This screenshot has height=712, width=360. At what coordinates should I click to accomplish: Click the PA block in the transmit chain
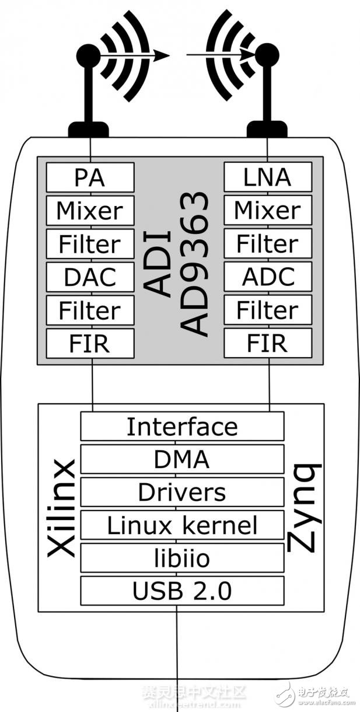coord(90,177)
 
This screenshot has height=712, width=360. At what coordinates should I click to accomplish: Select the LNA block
coord(268,177)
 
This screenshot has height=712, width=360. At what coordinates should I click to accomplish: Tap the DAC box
coord(90,277)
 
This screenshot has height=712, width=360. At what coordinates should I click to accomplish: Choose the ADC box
coord(268,277)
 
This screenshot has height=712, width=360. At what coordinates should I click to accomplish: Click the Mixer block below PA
coord(90,210)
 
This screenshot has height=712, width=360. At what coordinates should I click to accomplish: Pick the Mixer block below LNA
coord(268,210)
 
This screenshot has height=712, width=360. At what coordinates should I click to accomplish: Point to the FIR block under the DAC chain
coord(90,343)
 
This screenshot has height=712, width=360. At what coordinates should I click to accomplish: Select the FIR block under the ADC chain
coord(268,343)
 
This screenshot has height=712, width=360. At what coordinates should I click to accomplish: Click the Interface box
coord(182,427)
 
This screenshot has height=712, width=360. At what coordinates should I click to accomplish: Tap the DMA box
coord(182,459)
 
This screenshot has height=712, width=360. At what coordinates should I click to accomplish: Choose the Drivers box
coord(182,492)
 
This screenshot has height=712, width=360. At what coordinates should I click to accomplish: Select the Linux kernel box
coord(182,525)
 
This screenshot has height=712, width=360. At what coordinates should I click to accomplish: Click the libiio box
coord(182,558)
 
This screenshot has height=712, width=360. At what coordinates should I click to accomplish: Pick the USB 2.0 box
coord(182,591)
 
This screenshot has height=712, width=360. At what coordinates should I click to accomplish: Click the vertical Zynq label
coord(305,508)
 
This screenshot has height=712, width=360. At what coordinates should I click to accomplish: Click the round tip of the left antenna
coord(88,55)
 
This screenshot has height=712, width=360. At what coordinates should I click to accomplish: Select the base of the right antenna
coord(267,129)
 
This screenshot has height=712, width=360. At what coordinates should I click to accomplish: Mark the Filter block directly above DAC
coord(90,243)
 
